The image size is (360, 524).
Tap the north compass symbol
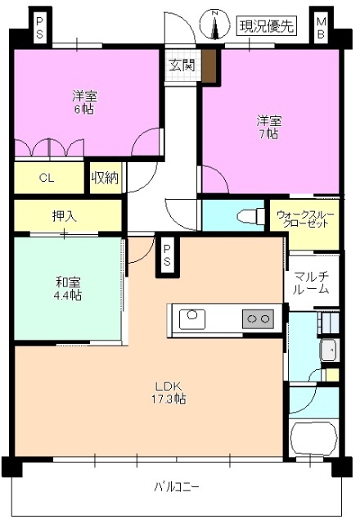215,25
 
